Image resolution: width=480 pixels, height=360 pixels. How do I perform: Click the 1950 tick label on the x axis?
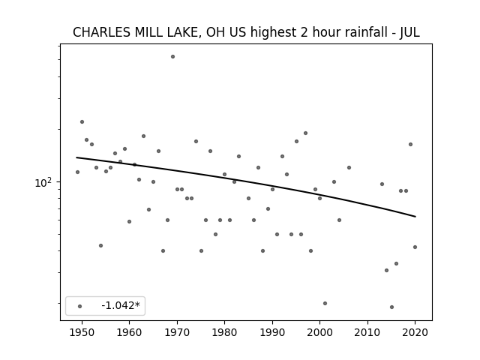[x=82, y=332]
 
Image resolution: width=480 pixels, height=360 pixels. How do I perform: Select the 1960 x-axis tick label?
[x=129, y=332]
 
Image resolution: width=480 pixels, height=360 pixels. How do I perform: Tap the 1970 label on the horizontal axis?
[x=177, y=332]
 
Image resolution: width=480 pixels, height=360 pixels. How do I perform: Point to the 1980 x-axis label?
[x=224, y=332]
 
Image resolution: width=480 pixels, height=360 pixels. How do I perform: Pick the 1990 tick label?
[x=272, y=332]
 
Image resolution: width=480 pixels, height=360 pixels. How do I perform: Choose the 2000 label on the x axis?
[x=319, y=332]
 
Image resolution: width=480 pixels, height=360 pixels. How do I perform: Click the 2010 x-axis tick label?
[x=367, y=332]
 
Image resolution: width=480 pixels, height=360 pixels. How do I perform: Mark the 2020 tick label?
[x=415, y=332]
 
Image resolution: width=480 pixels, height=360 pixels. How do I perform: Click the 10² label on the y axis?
[x=43, y=182]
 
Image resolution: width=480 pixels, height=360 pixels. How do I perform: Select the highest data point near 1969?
[x=172, y=57]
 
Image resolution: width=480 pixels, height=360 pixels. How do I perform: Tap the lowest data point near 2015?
[x=391, y=307]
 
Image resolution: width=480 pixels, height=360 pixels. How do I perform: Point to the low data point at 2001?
[x=325, y=303]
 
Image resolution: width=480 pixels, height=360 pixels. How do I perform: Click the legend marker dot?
[x=80, y=306]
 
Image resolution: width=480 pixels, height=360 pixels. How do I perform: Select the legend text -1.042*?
[x=121, y=305]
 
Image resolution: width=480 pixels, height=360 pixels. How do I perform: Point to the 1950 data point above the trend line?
[x=82, y=121]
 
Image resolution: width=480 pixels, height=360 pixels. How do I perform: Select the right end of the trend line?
[x=415, y=217]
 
